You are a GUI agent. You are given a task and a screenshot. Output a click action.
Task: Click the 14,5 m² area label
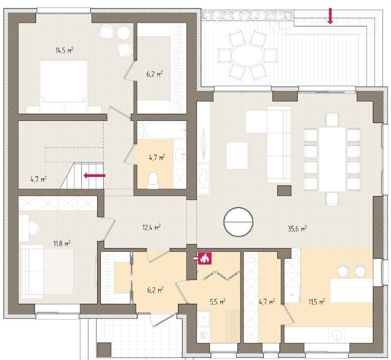pyautogui.click(x=64, y=51)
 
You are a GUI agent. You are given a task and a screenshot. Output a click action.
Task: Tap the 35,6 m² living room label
pyautogui.click(x=297, y=229)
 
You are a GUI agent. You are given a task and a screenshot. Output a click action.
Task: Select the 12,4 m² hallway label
pyautogui.click(x=151, y=227)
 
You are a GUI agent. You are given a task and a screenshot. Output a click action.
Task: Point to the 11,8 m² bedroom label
pyautogui.click(x=62, y=243)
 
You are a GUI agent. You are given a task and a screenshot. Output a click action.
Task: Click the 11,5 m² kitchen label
pyautogui.click(x=317, y=302)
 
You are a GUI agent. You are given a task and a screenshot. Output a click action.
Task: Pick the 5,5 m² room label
pyautogui.click(x=218, y=302)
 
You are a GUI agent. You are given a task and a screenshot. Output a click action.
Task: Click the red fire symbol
pyautogui.click(x=205, y=258)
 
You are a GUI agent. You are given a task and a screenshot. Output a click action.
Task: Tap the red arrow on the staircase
pyautogui.click(x=94, y=175)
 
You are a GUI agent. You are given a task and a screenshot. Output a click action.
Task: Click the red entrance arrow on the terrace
pyautogui.click(x=330, y=16)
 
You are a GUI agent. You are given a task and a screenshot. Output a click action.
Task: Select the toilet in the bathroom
pyautogui.click(x=153, y=180)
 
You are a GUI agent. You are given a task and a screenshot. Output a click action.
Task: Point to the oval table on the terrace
pyautogui.click(x=247, y=55)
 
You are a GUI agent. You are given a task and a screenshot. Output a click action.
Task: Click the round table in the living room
pyautogui.click(x=239, y=222)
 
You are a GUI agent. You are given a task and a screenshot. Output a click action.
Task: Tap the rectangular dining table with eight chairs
pyautogui.click(x=332, y=159)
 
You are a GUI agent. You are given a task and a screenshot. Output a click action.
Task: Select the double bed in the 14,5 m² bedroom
pyautogui.click(x=64, y=86)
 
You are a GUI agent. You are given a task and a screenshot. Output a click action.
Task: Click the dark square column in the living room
pyautogui.click(x=285, y=191)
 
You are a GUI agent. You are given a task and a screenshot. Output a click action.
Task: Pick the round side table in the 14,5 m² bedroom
pyautogui.click(x=124, y=33)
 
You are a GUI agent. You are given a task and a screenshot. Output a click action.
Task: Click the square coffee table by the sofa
pyautogui.click(x=237, y=155)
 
